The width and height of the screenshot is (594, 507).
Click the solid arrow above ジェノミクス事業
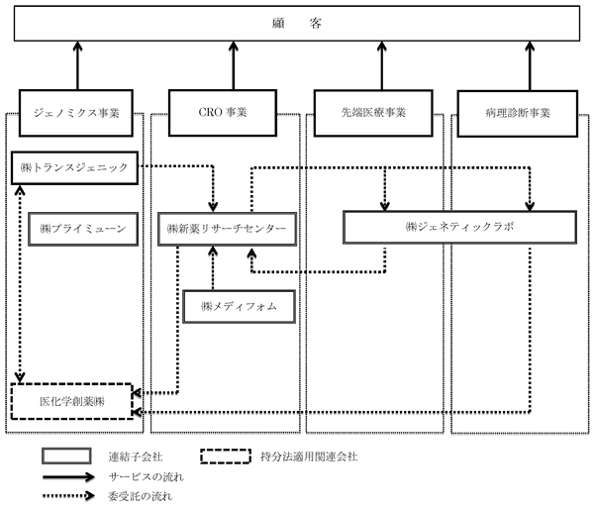point(77,65)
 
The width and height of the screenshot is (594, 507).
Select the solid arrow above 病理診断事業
point(530,66)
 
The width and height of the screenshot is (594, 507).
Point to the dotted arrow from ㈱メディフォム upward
point(213,268)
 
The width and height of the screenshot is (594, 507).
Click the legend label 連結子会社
point(136,456)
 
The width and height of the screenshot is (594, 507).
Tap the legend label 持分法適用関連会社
point(309,456)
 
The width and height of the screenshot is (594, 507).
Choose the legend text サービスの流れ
point(147,476)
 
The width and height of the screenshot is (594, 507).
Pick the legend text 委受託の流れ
point(141,496)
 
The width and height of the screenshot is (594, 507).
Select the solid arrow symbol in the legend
point(68,476)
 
